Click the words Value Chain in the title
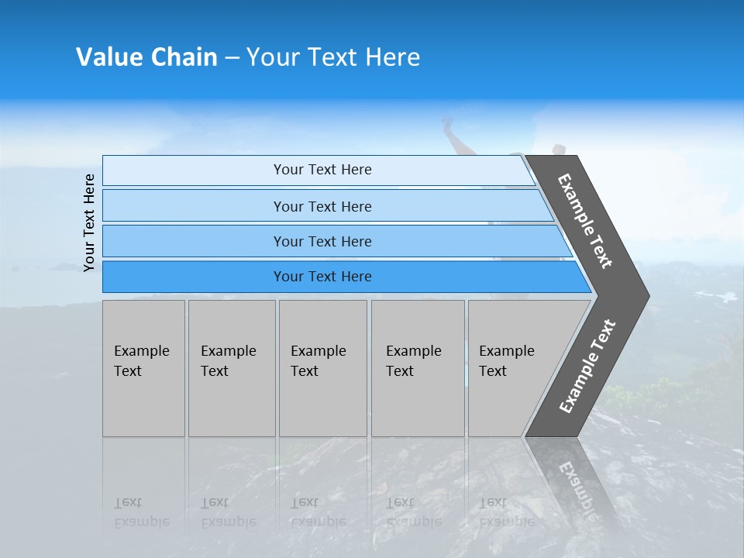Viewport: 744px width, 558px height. [146, 57]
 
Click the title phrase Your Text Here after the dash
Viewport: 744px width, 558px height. [333, 57]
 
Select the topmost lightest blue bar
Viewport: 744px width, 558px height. [194, 170]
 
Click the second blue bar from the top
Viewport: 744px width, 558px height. [194, 206]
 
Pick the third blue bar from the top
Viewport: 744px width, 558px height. [194, 241]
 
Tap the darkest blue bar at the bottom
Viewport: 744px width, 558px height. [194, 277]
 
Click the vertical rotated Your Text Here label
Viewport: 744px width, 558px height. [89, 222]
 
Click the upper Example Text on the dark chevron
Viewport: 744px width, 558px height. [585, 221]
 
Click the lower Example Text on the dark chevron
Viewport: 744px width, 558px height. [587, 367]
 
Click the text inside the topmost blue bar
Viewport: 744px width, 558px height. [322, 170]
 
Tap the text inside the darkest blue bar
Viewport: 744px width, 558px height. [322, 277]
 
